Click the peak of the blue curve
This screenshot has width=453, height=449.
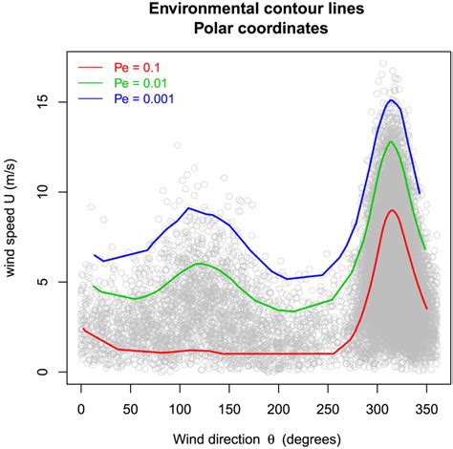pyautogui.click(x=392, y=100)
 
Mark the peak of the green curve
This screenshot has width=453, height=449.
pyautogui.click(x=392, y=142)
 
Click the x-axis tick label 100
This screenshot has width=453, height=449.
pyautogui.click(x=178, y=409)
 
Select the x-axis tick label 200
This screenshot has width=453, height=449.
pyautogui.click(x=277, y=409)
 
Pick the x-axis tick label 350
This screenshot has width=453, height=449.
pyautogui.click(x=425, y=409)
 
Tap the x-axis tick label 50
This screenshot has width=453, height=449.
pyautogui.click(x=129, y=409)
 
